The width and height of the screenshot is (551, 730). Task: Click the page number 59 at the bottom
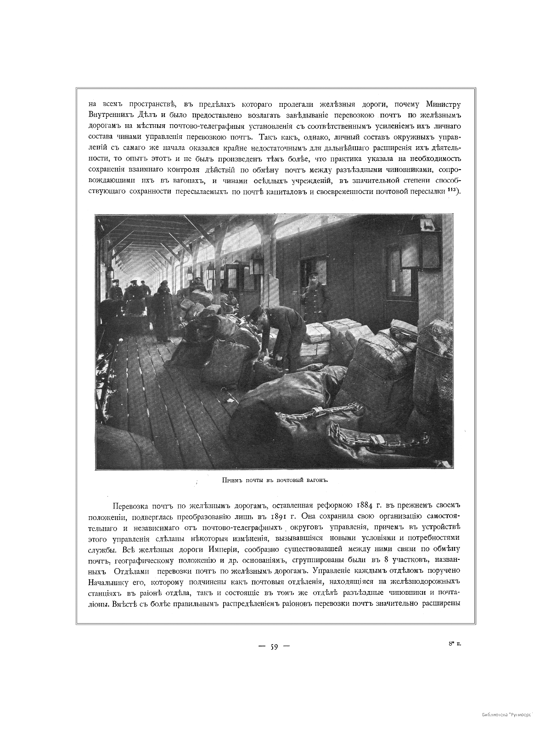274,647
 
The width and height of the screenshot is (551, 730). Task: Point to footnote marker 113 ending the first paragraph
452,189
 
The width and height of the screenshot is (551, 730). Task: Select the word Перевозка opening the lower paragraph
131,506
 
